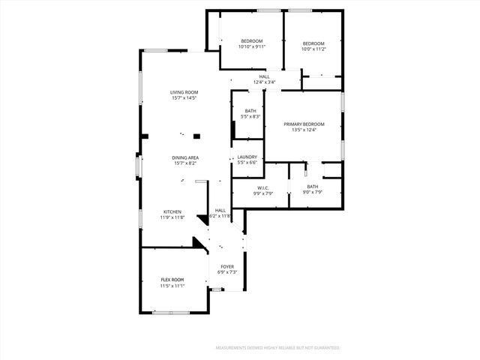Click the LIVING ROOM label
(184, 92)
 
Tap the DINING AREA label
(185, 157)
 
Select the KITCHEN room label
(173, 212)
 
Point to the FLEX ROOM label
(172, 280)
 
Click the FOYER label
(226, 266)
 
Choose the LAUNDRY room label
(247, 157)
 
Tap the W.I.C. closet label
(262, 187)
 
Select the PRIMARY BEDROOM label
(304, 124)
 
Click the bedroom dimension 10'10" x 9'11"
(251, 46)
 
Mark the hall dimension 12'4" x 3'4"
(264, 82)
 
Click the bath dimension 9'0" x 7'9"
(312, 193)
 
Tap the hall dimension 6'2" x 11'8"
(220, 216)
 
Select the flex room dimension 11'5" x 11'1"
(172, 286)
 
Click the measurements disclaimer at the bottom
(277, 348)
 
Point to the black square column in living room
(197, 136)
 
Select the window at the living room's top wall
(157, 50)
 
